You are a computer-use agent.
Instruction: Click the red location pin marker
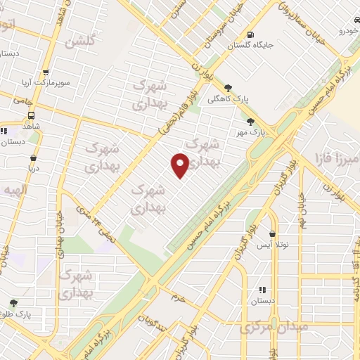pyautogui.click(x=180, y=165)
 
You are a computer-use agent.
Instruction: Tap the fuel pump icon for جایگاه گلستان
pyautogui.click(x=250, y=34)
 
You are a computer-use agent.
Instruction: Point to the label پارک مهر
pyautogui.click(x=259, y=131)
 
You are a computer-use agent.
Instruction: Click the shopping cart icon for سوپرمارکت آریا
pyautogui.click(x=46, y=72)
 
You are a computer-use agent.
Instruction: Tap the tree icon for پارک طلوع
pyautogui.click(x=13, y=304)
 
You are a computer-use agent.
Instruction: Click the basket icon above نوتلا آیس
pyautogui.click(x=272, y=234)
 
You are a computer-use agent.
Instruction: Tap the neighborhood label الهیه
pyautogui.click(x=13, y=191)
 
